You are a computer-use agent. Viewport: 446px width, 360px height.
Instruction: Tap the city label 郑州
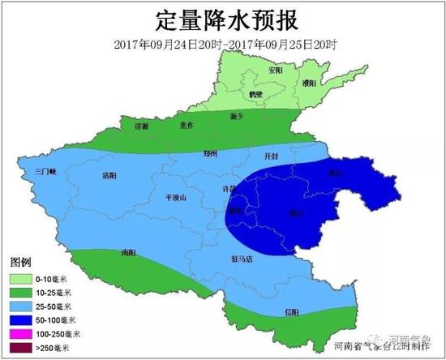tap(212, 152)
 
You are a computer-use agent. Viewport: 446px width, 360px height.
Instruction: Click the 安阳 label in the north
tap(277, 71)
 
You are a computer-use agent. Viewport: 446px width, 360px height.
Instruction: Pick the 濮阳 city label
tap(309, 84)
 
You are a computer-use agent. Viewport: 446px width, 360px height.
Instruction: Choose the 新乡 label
tap(238, 117)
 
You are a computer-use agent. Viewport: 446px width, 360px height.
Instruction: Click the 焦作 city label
tap(187, 126)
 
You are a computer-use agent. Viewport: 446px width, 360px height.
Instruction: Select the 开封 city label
tap(271, 155)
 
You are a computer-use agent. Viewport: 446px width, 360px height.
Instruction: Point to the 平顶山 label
tap(176, 197)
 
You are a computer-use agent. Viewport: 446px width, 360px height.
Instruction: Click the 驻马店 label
tap(242, 259)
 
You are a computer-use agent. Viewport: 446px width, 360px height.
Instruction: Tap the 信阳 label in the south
tap(291, 312)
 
